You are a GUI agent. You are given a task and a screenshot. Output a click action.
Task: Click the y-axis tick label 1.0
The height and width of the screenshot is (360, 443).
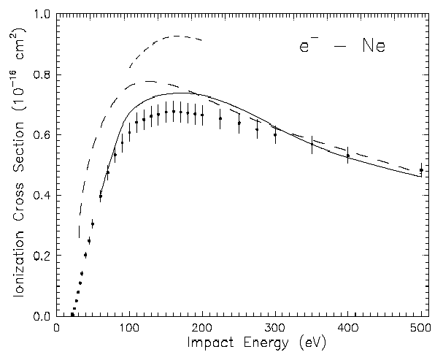(42, 15)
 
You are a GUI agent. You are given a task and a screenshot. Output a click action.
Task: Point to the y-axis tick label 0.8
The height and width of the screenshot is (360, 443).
(42, 75)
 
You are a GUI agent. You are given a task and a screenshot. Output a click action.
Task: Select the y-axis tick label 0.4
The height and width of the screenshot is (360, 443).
(42, 196)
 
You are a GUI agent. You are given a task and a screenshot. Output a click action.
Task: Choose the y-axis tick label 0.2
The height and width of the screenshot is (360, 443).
(42, 256)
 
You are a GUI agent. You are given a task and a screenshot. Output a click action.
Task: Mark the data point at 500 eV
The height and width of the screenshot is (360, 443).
(421, 170)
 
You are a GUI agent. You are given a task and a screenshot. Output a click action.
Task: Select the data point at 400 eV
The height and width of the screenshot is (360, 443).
(348, 156)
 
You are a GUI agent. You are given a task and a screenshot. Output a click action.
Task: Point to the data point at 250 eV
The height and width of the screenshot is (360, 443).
(239, 123)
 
